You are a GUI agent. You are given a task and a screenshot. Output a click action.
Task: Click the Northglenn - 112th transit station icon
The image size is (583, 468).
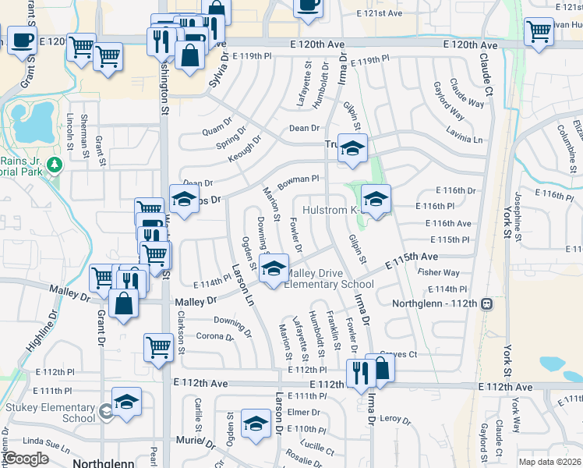[486, 303]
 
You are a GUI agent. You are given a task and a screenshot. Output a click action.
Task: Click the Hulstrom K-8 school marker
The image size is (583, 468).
[376, 199]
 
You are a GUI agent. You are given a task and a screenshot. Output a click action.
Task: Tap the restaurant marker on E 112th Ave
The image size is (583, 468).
[360, 373]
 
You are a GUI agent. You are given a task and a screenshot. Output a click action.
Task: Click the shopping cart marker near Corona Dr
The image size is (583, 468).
[158, 347]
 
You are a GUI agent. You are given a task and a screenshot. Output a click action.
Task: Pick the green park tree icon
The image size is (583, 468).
[55, 164]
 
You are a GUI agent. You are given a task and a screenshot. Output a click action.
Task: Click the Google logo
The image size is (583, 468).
[26, 458]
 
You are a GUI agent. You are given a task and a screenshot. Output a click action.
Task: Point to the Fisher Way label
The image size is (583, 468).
[439, 273]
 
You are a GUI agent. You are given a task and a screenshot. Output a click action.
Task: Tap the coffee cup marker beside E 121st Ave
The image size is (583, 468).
[308, 5]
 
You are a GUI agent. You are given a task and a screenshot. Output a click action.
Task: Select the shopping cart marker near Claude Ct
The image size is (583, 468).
[539, 31]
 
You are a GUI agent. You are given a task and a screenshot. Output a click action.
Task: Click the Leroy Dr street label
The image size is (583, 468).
[395, 419]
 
